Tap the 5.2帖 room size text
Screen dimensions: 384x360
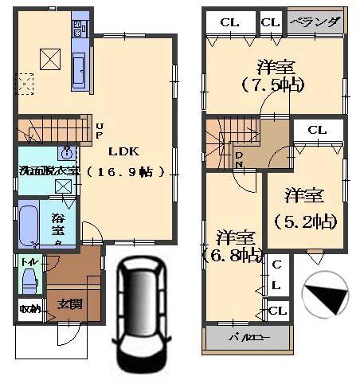pyautogui.click(x=304, y=220)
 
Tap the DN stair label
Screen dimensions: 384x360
pyautogui.click(x=239, y=159)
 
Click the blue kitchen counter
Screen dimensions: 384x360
pyautogui.click(x=82, y=53)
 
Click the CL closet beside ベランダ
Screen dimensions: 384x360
pyautogui.click(x=271, y=22)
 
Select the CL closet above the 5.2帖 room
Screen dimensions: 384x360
pyautogui.click(x=317, y=129)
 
